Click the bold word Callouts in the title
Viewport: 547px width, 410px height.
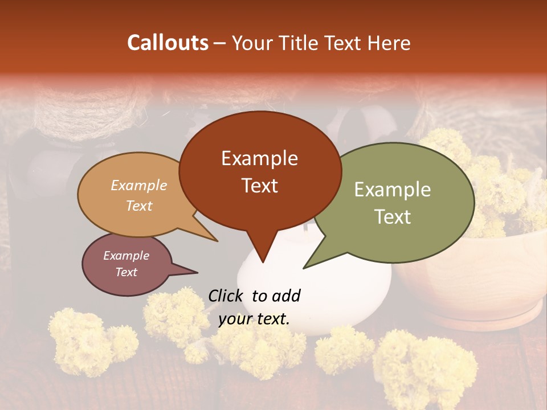[x=168, y=43]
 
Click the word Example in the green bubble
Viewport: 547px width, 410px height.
[x=392, y=190]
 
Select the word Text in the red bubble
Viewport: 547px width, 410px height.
[x=260, y=186]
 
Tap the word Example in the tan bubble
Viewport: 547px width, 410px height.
[x=139, y=186]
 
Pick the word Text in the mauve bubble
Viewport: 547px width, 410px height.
[x=126, y=272]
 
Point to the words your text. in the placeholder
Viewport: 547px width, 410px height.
[x=254, y=319]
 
